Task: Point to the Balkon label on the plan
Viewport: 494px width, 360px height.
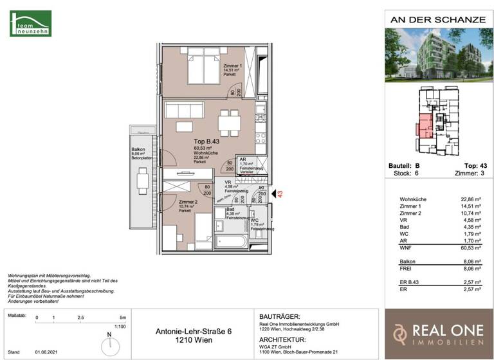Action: pyautogui.click(x=138, y=149)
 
